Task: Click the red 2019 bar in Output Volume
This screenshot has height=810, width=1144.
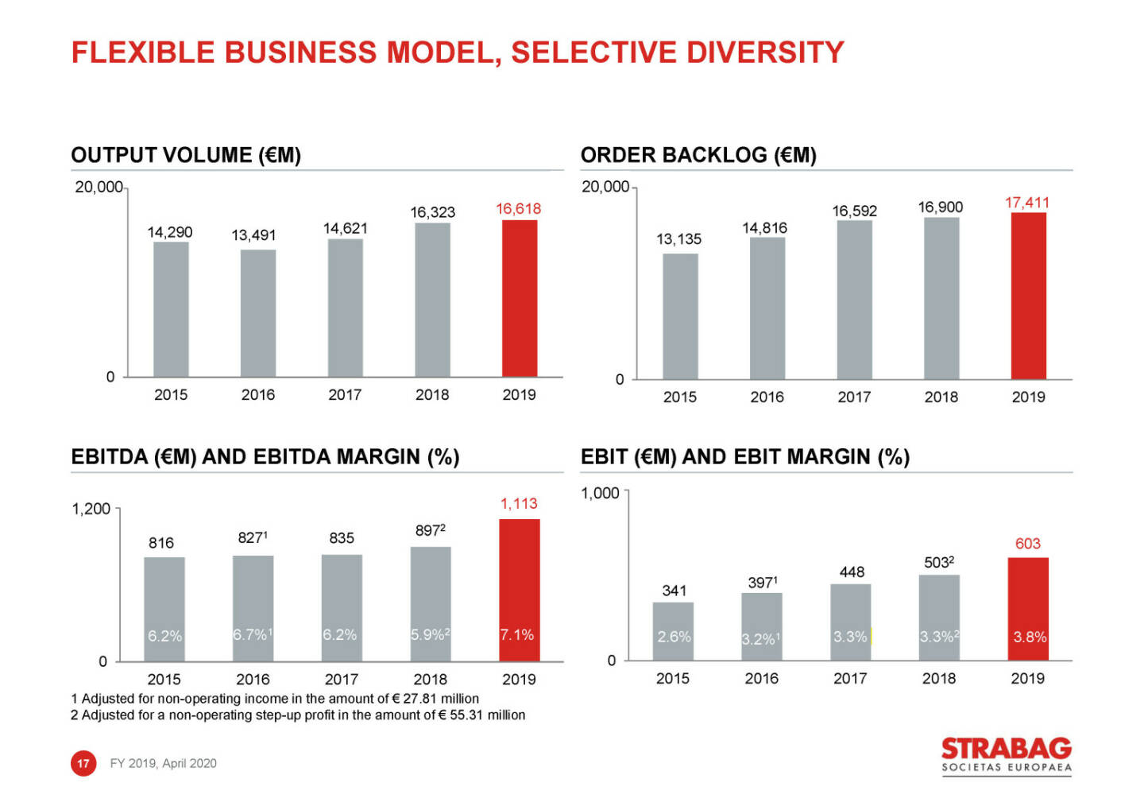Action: pyautogui.click(x=520, y=298)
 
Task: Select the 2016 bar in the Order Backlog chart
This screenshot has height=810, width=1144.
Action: pyautogui.click(x=767, y=308)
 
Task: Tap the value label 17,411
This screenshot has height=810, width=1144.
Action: pyautogui.click(x=1026, y=203)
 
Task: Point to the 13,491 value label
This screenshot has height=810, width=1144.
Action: pyautogui.click(x=253, y=235)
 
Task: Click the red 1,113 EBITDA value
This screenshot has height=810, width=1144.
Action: pyautogui.click(x=519, y=503)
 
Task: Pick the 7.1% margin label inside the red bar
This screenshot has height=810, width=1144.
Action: pyautogui.click(x=517, y=634)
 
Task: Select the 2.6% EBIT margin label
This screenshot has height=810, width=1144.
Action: pyautogui.click(x=674, y=637)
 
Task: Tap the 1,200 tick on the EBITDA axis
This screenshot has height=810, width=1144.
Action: pyautogui.click(x=91, y=509)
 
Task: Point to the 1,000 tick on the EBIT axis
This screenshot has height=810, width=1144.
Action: pyautogui.click(x=600, y=493)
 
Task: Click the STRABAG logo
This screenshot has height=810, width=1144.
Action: pyautogui.click(x=1006, y=754)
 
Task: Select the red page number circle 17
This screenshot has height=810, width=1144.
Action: pyautogui.click(x=83, y=763)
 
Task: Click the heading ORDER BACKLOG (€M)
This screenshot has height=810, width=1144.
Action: pyautogui.click(x=698, y=155)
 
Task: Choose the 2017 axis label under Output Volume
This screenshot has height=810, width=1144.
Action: pyautogui.click(x=345, y=395)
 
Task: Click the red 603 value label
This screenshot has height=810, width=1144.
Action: pyautogui.click(x=1027, y=544)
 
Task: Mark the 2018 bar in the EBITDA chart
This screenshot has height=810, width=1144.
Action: pyautogui.click(x=431, y=603)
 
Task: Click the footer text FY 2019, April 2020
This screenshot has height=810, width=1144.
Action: pyautogui.click(x=163, y=763)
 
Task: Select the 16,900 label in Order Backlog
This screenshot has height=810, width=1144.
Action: pyautogui.click(x=941, y=207)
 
